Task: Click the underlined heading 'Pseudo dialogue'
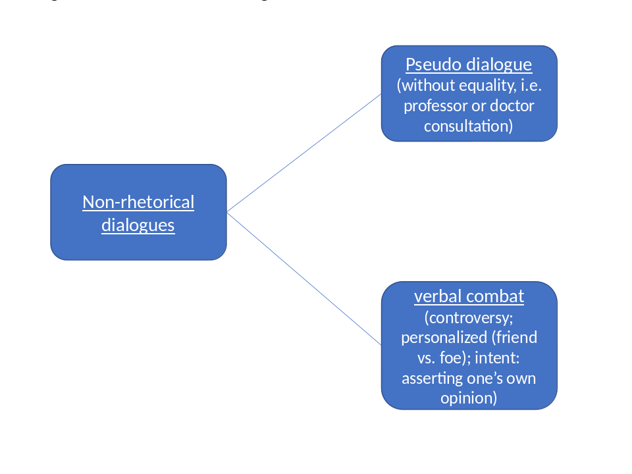469,65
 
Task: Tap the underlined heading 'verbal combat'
469,296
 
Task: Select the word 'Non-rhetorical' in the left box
138,202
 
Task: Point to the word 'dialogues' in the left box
138,225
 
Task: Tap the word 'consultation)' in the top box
468,126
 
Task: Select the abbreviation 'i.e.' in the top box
527,85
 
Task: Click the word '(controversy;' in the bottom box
469,317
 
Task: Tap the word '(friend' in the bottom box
513,338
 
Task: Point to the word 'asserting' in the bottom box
432,379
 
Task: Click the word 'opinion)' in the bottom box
469,399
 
